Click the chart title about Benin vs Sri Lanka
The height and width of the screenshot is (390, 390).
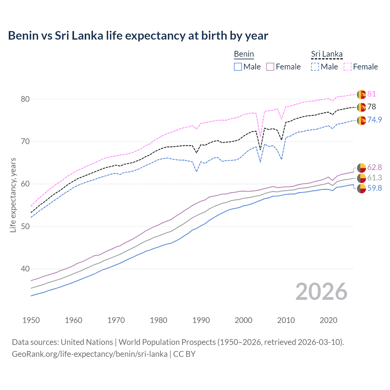point(138,36)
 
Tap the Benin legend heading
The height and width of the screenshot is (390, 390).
point(244,54)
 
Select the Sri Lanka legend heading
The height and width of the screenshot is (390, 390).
point(327,54)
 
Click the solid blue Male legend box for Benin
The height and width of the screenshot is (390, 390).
point(238,67)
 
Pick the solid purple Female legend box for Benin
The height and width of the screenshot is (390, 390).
point(270,67)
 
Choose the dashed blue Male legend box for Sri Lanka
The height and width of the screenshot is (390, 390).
point(315,67)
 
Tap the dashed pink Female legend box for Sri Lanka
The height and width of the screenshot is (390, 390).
point(348,67)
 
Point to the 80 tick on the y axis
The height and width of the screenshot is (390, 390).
point(25,99)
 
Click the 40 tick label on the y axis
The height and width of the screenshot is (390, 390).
point(25,269)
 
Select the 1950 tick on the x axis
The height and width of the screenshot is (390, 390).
point(31,320)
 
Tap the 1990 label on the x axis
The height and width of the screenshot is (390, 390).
point(201,320)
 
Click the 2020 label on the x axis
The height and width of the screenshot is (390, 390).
point(328,320)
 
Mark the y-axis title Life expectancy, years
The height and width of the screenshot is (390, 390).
point(13,195)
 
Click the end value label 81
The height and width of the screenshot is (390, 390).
point(371,94)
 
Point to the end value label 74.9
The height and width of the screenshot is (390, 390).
point(374,120)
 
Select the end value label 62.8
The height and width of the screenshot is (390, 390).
point(374,167)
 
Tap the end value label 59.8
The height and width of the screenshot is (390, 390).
point(374,188)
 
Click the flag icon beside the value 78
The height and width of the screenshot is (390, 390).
point(361,107)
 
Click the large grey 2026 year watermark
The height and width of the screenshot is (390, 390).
point(321,292)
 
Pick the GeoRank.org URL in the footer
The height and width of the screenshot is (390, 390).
point(90,354)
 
